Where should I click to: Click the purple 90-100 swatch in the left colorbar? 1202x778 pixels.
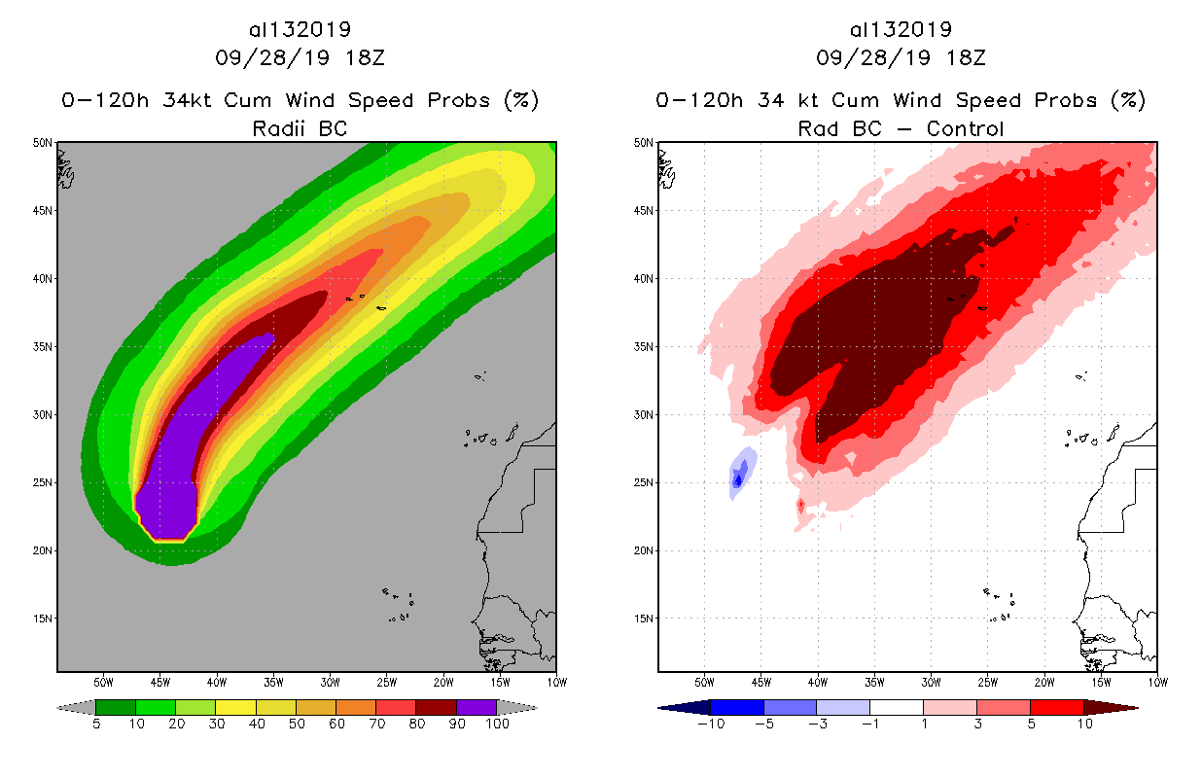click(477, 707)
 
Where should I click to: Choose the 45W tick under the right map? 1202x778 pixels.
click(760, 681)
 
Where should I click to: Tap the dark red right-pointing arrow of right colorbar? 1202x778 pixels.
click(1124, 707)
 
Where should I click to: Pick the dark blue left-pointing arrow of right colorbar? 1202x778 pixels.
click(671, 707)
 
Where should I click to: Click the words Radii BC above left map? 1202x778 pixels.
click(300, 128)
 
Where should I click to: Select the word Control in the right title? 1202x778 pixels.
click(965, 128)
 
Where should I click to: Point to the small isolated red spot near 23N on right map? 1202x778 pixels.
click(800, 506)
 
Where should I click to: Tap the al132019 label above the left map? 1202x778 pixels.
click(300, 29)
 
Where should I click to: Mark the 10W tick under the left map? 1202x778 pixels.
click(554, 681)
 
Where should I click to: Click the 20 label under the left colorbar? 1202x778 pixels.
click(176, 724)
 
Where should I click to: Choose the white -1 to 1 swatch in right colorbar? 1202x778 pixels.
click(896, 707)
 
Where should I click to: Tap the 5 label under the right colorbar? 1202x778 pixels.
click(1029, 724)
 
